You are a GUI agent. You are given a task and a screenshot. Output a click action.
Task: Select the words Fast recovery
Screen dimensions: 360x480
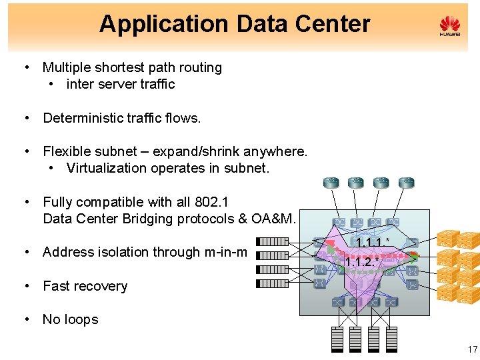pos(85,286)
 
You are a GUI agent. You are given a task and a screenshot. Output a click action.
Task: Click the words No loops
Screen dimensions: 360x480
pos(70,319)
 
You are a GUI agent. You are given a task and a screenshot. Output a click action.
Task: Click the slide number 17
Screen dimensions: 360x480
pos(472,349)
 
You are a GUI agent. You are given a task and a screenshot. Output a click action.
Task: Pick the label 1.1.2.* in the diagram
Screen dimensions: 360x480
pos(362,262)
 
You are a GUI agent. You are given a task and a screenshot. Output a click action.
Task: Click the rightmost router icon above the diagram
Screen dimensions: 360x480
pos(405,182)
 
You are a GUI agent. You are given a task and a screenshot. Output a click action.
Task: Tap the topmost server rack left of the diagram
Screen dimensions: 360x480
pos(273,241)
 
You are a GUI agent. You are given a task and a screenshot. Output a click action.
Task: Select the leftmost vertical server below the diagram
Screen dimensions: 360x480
pos(339,339)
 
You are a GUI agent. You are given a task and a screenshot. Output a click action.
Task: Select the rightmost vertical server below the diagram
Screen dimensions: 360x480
pos(391,339)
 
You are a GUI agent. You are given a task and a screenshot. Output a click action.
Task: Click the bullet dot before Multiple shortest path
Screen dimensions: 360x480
pos(25,68)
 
